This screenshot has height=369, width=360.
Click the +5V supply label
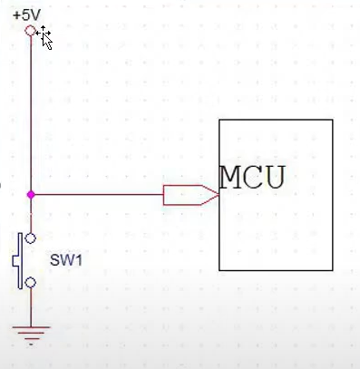point(26,15)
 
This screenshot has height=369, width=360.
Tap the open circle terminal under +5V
point(30,31)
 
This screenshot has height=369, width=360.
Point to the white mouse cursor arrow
point(47,41)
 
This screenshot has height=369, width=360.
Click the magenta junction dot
point(31,195)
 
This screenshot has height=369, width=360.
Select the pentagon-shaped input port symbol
point(191,195)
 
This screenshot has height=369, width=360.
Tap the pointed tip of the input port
point(219,195)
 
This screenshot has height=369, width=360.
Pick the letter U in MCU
point(274,178)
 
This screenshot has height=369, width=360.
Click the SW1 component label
point(66,260)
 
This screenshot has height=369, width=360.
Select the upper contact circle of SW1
point(30,238)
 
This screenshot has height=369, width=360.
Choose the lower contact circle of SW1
point(30,283)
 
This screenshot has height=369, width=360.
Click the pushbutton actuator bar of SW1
point(19,261)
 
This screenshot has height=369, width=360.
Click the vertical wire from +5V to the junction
point(31,113)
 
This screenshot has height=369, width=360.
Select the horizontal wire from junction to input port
point(99,195)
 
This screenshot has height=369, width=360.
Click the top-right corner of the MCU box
point(333,120)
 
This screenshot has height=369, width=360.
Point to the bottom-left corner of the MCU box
point(219,270)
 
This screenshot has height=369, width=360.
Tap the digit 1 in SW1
point(79,260)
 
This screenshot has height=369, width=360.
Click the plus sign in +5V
point(17,16)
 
